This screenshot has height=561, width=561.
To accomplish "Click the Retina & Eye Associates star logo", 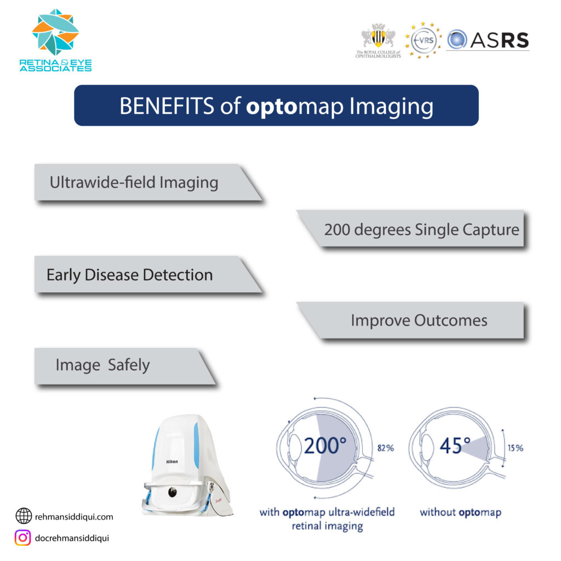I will pos(55,32).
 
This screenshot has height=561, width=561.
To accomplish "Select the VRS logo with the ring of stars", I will pos(423,39).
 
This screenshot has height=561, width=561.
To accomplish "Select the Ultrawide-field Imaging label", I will pos(134,182).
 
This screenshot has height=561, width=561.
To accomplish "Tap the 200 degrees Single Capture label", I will pos(421,229).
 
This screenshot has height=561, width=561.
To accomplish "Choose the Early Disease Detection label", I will pos(129,274).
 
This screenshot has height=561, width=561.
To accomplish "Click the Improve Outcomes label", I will pos(419,320).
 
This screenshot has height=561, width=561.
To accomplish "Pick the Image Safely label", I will pos(102,365).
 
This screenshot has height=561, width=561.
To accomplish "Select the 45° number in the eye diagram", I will pos(455,446).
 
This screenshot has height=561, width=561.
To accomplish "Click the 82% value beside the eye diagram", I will pos(386,448).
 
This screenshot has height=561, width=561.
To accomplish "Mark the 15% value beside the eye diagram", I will pos(514,448).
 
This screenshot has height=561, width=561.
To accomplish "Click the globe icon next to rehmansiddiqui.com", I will pos(23,516).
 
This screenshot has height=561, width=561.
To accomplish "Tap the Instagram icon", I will pos(23,538).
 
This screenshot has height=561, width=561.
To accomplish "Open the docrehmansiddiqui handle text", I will pos(72,538).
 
